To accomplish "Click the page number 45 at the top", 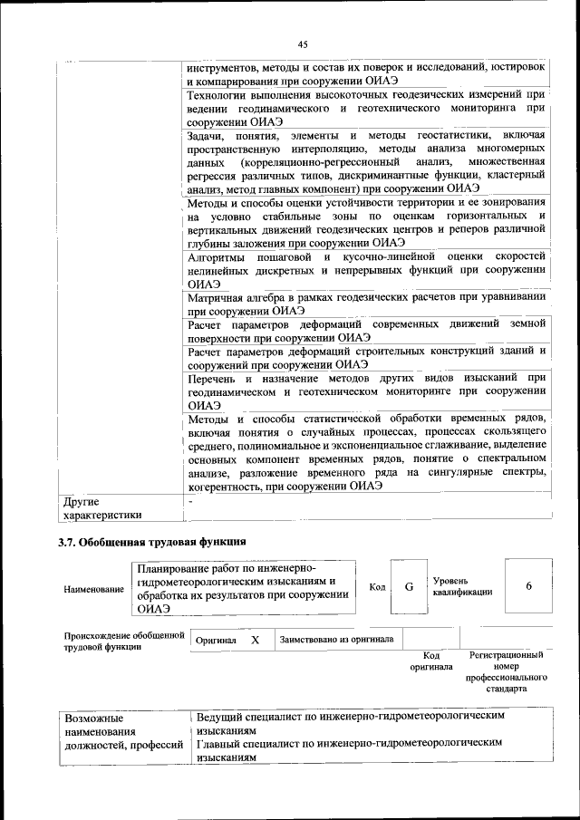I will coord(303,44).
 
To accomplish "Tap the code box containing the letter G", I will coord(409,586).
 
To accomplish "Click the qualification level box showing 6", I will coord(528,586).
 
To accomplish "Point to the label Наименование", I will coord(93,590).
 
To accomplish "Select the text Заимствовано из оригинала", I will coord(336,639).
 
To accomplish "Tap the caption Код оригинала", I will coord(430,661).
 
